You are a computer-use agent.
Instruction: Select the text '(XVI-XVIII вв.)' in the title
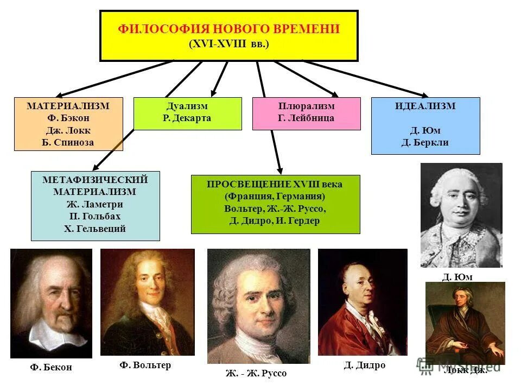(228, 44)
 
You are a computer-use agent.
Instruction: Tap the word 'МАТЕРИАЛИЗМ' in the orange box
(68, 106)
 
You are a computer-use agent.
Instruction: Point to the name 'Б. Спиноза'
(68, 143)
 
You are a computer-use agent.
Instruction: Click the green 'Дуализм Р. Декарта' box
(187, 113)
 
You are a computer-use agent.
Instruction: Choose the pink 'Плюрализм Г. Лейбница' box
(306, 113)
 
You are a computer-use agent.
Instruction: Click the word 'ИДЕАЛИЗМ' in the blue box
(425, 106)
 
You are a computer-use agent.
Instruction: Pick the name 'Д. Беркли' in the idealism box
(425, 143)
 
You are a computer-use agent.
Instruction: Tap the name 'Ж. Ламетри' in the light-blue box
(95, 205)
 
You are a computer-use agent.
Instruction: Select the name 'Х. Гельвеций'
(95, 229)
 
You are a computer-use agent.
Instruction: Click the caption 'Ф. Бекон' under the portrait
(51, 368)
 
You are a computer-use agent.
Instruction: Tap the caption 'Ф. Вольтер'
(145, 365)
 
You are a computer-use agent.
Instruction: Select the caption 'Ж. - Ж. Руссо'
(256, 373)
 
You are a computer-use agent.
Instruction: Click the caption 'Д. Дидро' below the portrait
(364, 365)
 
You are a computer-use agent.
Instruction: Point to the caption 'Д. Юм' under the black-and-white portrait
(457, 276)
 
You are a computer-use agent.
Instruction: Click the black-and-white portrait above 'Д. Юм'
(461, 215)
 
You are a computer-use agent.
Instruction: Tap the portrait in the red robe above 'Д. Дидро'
(362, 302)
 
